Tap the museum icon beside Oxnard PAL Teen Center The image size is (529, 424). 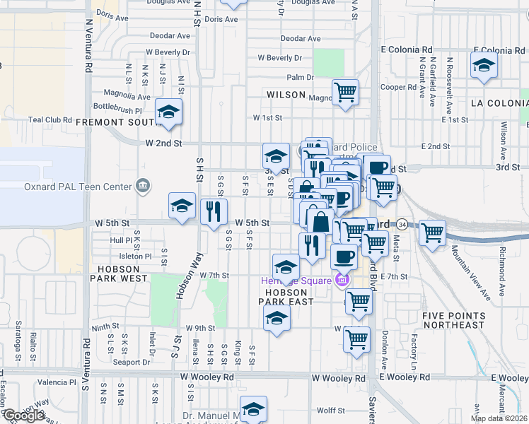144,186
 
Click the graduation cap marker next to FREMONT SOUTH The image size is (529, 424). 168,112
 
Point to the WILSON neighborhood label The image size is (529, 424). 286,95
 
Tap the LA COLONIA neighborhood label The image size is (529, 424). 495,103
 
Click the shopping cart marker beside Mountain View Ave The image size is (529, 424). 432,232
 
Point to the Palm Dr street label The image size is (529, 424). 300,77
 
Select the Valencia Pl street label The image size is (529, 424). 57,382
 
